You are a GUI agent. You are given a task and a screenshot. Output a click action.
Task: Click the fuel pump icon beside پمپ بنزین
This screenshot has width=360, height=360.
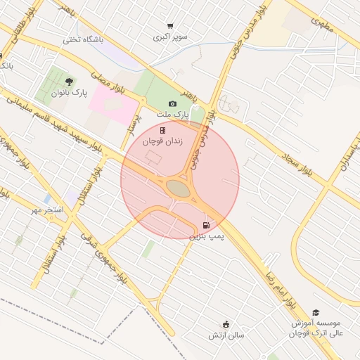point(205,225)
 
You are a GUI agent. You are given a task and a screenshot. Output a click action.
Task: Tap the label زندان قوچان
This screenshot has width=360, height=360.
point(162,141)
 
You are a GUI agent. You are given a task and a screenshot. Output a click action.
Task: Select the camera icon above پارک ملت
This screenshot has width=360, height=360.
point(173,103)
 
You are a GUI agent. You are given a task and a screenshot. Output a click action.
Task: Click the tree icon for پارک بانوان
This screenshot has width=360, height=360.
point(68,82)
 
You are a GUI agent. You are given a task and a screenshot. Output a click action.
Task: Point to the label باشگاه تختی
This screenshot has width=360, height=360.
point(83,40)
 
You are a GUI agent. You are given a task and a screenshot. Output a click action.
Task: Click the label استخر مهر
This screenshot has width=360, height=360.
point(47,210)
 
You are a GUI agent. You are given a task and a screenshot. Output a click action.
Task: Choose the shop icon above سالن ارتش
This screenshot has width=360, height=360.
point(226,324)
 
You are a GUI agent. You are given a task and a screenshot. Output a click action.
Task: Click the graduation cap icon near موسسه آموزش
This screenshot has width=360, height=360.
point(316,312)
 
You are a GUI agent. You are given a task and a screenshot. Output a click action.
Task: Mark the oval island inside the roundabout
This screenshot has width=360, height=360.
point(179,188)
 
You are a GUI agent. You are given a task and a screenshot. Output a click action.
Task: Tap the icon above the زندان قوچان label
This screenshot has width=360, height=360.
point(162,130)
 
